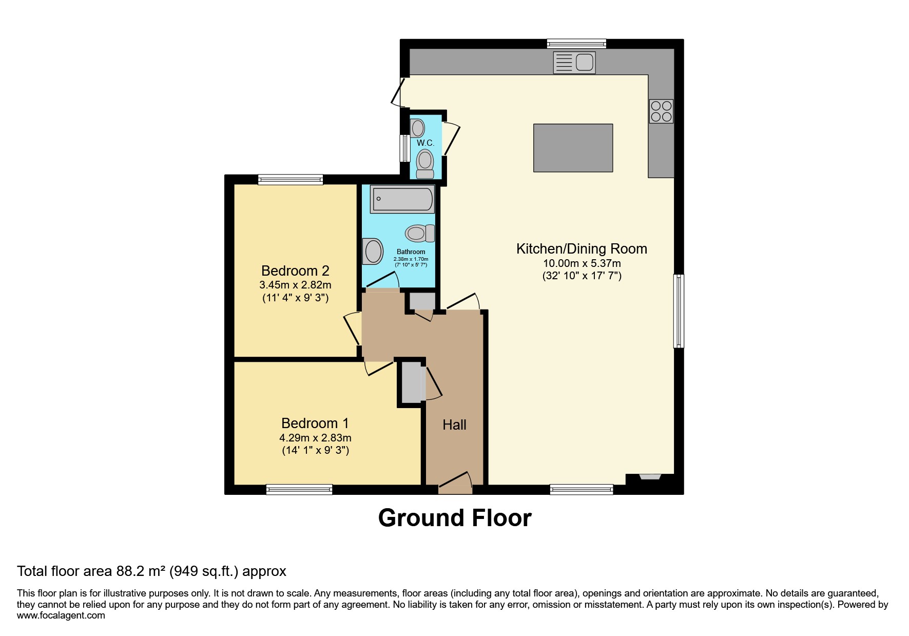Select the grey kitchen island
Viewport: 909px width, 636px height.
[573, 148]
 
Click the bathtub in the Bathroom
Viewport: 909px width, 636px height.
[402, 199]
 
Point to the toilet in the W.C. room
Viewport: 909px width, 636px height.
[425, 163]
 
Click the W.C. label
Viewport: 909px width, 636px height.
[426, 143]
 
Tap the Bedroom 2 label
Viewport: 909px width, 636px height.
[295, 271]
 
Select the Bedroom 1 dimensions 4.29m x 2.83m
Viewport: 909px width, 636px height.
[315, 438]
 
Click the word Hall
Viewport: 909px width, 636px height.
[454, 425]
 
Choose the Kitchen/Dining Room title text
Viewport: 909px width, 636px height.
[582, 249]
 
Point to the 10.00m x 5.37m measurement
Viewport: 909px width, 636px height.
[582, 263]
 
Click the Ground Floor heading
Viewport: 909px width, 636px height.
[455, 518]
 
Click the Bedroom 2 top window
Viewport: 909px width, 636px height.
[291, 179]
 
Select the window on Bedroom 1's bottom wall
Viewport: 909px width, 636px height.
[299, 490]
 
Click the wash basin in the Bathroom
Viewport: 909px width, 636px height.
[373, 252]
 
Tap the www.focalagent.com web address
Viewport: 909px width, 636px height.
[61, 615]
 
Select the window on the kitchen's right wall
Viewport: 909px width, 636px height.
[679, 311]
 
